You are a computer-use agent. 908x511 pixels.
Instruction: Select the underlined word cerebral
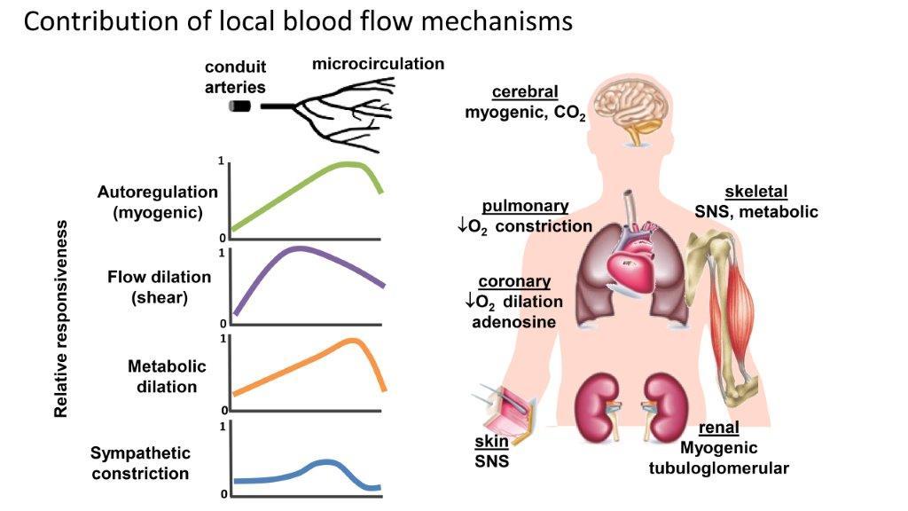(525, 92)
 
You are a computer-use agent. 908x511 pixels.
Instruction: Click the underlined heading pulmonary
(525, 206)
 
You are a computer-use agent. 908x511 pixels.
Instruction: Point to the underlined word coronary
(514, 281)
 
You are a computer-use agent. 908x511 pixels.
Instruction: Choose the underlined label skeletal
(755, 192)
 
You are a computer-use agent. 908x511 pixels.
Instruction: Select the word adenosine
(514, 321)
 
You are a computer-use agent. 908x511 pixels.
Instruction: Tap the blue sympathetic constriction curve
(319, 465)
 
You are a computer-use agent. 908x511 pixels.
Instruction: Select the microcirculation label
(379, 64)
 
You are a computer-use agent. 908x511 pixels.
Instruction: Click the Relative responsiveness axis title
(61, 320)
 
